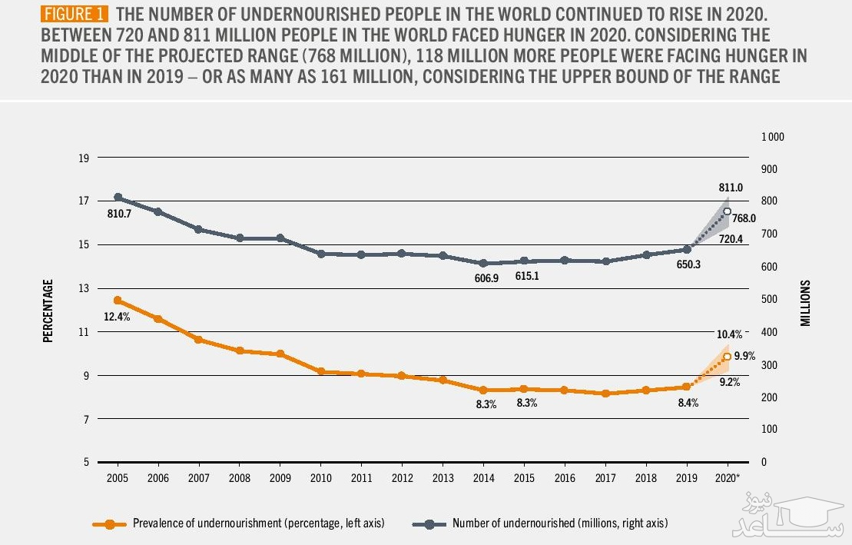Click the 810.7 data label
pos(118,214)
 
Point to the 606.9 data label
pos(483,277)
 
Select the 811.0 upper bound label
pos(730,187)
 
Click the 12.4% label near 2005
pos(117,316)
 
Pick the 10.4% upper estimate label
pos(730,334)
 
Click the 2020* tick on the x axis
pos(728,477)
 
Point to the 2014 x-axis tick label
pos(483,477)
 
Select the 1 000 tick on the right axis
pos(772,137)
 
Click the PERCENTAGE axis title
pos(48,311)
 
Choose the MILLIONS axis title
pos(805,302)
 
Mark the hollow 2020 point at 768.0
pos(727,211)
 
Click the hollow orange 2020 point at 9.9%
pos(727,356)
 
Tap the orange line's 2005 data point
pos(118,300)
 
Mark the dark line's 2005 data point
pos(118,198)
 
